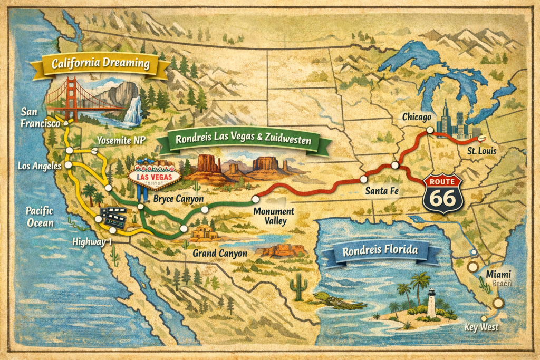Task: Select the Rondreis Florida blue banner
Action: pos(380,251)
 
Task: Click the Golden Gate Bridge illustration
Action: pos(74,100)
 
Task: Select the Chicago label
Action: pos(417,116)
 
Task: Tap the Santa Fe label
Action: pos(380,192)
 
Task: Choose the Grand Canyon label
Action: pos(220,254)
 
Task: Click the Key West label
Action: pos(481,327)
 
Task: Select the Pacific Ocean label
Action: pos(40,217)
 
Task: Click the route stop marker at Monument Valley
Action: pos(256,199)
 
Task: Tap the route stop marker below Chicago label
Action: pos(430,130)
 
